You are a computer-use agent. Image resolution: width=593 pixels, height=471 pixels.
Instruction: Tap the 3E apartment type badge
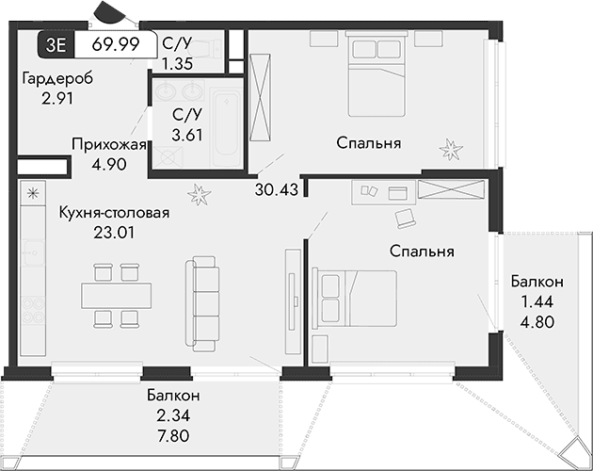tap(56, 43)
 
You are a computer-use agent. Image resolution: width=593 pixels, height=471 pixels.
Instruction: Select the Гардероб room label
tap(57, 78)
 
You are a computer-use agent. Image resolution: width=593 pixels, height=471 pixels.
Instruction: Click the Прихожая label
tap(108, 144)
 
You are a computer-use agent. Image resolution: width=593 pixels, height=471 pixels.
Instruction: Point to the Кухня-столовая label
tap(113, 213)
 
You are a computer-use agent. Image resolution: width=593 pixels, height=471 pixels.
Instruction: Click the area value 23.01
tap(115, 232)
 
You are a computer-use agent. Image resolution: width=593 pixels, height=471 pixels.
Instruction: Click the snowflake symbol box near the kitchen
tap(33, 194)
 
